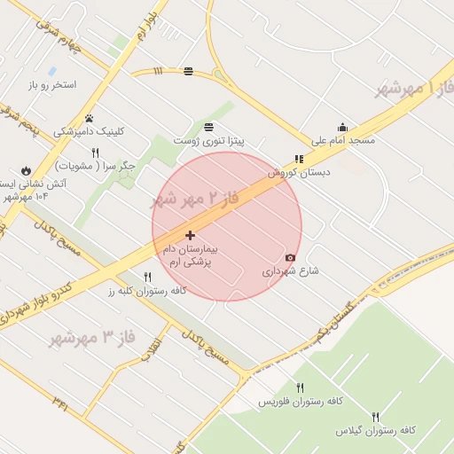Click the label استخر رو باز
(52, 85)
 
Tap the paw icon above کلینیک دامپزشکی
(89, 118)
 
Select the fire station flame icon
(26, 170)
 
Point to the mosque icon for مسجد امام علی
(342, 128)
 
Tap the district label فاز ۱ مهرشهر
(413, 88)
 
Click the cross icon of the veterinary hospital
(190, 235)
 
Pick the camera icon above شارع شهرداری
(290, 257)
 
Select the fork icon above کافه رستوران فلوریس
(300, 388)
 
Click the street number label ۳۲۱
(60, 404)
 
